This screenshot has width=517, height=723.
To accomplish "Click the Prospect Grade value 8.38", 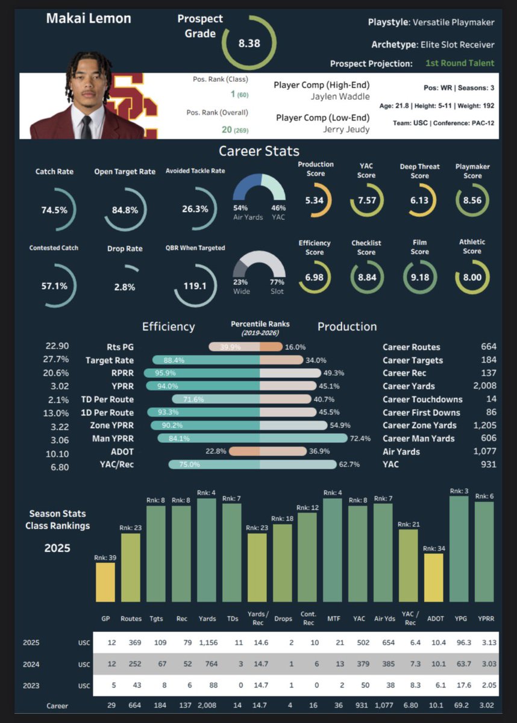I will (x=249, y=43).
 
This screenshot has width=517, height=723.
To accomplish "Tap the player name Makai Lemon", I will (x=88, y=19).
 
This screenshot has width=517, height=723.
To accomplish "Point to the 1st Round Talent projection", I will (x=459, y=63).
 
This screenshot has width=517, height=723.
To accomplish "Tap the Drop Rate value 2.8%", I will (x=125, y=287).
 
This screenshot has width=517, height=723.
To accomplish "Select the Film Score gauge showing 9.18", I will (x=419, y=277).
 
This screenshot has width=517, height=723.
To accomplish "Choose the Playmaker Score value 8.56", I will (x=472, y=201).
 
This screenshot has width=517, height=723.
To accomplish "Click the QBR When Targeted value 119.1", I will (x=195, y=286).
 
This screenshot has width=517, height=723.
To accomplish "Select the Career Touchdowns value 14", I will (x=490, y=399).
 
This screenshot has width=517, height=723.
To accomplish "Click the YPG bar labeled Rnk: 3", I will (x=460, y=548).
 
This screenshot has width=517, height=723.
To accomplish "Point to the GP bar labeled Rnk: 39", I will (x=105, y=581).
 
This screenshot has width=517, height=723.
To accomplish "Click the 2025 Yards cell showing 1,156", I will (x=207, y=643).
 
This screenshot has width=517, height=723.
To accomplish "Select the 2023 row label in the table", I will (x=31, y=685).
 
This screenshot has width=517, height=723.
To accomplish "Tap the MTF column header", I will (x=333, y=618).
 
